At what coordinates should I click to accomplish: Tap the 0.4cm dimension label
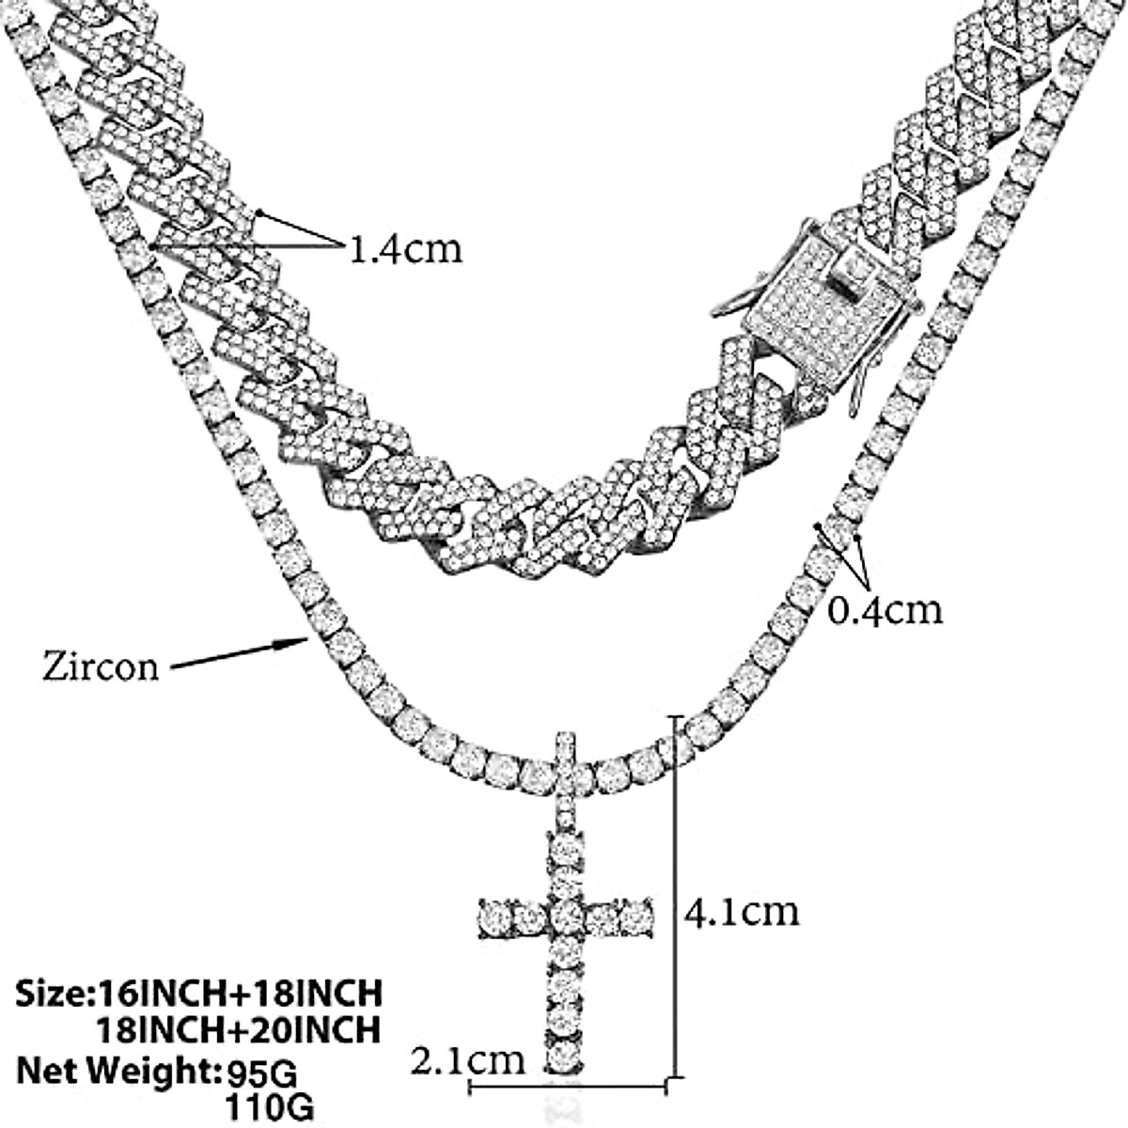[884, 611]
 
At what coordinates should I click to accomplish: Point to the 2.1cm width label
[468, 1061]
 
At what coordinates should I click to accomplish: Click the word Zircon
[101, 666]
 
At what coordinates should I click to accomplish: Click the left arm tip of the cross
[490, 911]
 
